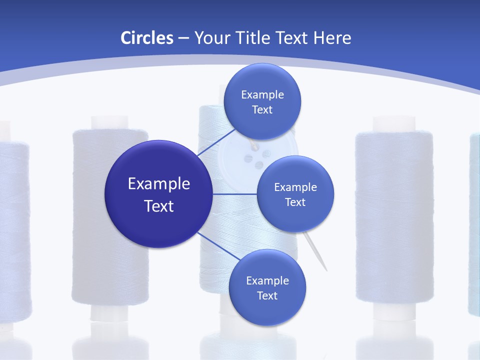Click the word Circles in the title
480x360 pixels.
(147, 38)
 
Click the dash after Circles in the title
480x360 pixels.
(183, 38)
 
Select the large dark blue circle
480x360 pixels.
(159, 194)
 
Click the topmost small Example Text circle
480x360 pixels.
(262, 101)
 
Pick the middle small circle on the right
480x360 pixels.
(295, 194)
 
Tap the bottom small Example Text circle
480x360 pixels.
(267, 287)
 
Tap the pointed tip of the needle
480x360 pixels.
(326, 269)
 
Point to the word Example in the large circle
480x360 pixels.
(159, 184)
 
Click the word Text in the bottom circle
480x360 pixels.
(267, 295)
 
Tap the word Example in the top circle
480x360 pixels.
(262, 94)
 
